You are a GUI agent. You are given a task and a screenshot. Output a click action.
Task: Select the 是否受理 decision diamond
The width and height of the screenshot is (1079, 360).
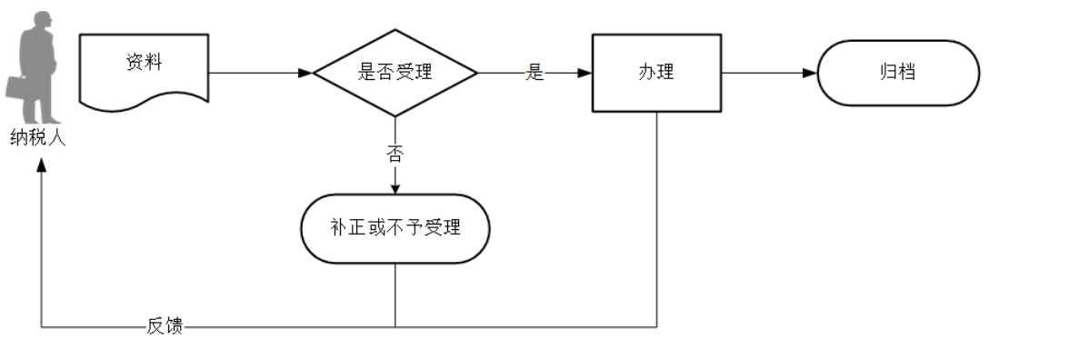(395, 73)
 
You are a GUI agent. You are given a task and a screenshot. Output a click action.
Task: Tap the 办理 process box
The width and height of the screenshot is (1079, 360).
(656, 73)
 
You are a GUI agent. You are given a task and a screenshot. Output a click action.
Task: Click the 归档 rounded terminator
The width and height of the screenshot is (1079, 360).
(898, 73)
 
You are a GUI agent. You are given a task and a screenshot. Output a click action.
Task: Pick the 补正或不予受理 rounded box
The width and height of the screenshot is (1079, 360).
(395, 227)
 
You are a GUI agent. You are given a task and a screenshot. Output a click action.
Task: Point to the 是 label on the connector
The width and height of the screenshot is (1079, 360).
(535, 74)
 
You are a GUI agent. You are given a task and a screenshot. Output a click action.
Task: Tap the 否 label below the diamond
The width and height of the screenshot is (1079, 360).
(395, 154)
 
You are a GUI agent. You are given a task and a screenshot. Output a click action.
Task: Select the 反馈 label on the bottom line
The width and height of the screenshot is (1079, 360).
(165, 326)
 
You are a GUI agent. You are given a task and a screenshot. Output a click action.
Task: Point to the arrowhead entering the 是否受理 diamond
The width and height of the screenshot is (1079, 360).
(306, 73)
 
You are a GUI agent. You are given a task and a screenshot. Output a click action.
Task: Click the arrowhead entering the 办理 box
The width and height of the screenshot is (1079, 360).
(585, 73)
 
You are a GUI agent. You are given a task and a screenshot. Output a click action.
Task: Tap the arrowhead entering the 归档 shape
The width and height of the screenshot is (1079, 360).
(811, 73)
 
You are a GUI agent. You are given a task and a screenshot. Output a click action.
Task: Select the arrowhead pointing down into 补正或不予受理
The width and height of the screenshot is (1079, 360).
(395, 188)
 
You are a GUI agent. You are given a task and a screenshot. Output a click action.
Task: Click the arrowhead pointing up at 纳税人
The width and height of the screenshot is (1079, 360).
(41, 174)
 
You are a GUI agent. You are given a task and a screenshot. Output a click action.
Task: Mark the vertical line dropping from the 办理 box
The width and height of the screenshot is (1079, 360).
(656, 218)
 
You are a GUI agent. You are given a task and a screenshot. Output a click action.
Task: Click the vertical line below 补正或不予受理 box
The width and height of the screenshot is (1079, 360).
(395, 295)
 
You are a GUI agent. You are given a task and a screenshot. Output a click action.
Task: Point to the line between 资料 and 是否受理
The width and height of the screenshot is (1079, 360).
(255, 73)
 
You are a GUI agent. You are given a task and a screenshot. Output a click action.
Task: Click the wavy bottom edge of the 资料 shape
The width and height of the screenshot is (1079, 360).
(144, 100)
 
